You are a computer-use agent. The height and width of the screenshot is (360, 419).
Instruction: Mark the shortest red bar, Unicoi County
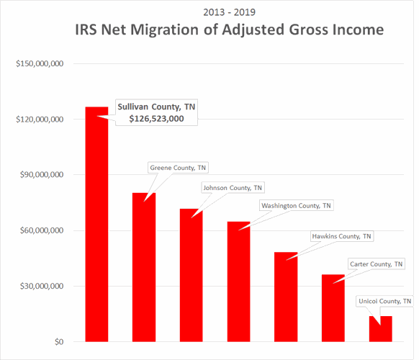(380, 329)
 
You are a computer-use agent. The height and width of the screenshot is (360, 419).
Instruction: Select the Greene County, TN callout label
(177, 168)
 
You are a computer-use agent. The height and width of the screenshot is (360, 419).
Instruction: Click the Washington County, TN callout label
(297, 206)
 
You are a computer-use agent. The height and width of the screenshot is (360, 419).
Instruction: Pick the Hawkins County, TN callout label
(342, 236)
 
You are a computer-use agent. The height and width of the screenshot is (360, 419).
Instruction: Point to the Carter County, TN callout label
(376, 264)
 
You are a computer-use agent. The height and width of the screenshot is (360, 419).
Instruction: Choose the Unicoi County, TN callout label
(385, 301)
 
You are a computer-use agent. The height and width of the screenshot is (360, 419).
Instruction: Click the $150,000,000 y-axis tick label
(41, 63)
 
